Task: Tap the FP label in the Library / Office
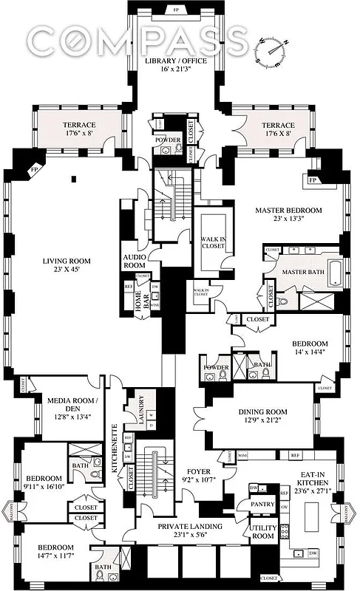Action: point(175,10)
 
